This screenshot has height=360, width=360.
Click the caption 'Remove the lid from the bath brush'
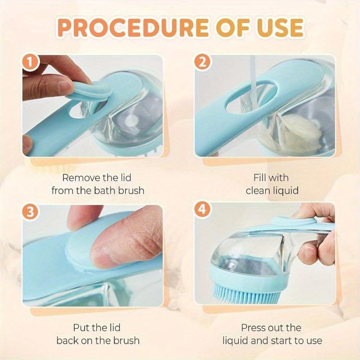pos(97,184)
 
